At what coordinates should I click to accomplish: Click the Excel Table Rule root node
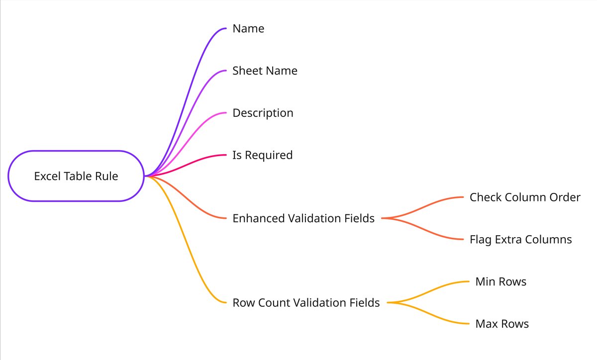click(x=76, y=176)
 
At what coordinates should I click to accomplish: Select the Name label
click(x=248, y=28)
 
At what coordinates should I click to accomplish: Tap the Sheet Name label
click(x=265, y=71)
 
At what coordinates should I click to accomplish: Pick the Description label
click(x=263, y=113)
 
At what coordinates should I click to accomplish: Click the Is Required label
click(x=263, y=155)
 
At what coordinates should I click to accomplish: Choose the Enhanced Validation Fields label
click(x=303, y=218)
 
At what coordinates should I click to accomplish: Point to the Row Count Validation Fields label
click(x=306, y=303)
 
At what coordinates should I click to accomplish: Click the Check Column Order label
click(x=525, y=197)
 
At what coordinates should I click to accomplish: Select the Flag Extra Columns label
click(x=520, y=240)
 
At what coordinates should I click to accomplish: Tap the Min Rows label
click(x=501, y=281)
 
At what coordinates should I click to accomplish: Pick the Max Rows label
click(x=502, y=324)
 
